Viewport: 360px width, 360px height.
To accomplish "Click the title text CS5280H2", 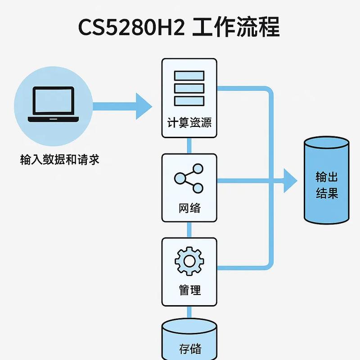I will point(131,28).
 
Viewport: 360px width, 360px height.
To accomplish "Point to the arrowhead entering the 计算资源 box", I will point(145,107).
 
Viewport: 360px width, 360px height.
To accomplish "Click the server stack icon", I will point(189,88).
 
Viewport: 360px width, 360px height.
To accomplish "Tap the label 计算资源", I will point(189,122).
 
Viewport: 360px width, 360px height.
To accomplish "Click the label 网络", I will point(189,208).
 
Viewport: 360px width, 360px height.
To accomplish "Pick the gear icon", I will point(189,261).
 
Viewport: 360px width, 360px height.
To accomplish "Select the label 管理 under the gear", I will point(189,290).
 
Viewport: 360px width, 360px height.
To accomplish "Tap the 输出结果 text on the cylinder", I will point(327,185).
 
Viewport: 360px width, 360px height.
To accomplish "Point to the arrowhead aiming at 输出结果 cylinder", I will point(290,181).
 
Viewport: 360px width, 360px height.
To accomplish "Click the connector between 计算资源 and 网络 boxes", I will point(189,145).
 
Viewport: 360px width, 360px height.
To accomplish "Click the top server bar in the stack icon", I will point(189,75).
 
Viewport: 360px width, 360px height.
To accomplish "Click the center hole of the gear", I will point(189,261).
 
